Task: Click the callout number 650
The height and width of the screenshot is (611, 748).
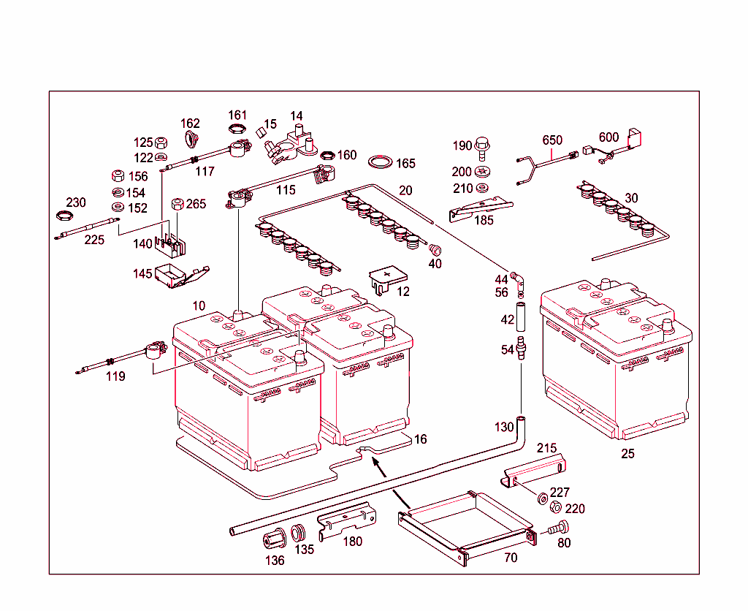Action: [x=552, y=140]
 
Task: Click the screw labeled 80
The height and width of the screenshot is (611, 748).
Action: [x=559, y=528]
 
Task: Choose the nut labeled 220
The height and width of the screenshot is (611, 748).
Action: [x=554, y=508]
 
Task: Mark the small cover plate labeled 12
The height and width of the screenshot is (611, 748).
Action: [x=387, y=278]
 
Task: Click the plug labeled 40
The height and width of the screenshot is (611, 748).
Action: [x=434, y=248]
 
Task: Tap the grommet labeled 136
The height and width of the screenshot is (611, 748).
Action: [x=274, y=542]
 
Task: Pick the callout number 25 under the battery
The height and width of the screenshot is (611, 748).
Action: [x=627, y=454]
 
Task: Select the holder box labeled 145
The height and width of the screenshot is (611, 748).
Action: [x=176, y=276]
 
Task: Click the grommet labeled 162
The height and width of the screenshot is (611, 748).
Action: [x=193, y=140]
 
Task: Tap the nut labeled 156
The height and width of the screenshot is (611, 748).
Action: [x=115, y=176]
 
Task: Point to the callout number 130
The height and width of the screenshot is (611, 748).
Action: [x=504, y=427]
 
